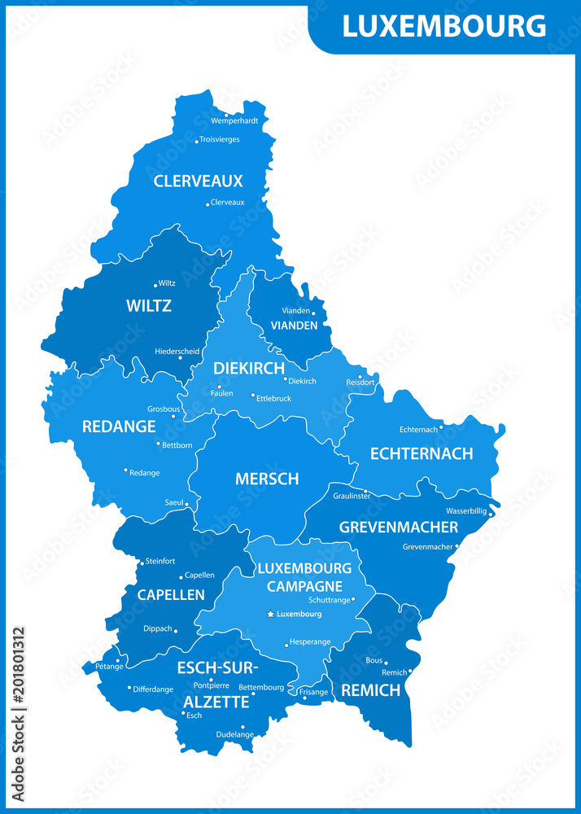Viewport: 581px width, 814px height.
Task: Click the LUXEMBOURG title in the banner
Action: coord(443,26)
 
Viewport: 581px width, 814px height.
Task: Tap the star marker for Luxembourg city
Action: coord(270,615)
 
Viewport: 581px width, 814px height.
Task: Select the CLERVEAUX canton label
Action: coord(199,181)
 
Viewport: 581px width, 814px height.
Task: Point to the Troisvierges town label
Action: coord(220,139)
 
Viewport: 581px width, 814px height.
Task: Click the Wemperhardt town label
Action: coord(234,120)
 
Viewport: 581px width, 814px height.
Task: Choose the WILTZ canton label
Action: coord(149,306)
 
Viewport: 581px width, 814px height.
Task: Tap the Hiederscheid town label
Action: coord(177,352)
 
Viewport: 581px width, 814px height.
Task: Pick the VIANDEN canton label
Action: coord(295,325)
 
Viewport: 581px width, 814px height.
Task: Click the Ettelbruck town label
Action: coord(273,399)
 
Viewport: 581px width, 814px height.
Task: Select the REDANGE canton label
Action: coord(119,427)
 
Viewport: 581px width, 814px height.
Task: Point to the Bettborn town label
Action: coord(177,445)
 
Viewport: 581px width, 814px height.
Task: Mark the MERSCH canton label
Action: coord(267,479)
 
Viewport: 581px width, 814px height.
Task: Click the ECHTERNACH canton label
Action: coord(422,453)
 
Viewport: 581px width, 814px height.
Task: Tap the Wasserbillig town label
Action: coord(466,510)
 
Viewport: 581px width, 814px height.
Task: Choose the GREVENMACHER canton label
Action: coord(399,527)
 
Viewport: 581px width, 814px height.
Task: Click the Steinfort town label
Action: coord(160,562)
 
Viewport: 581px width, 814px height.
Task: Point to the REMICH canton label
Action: coord(371,690)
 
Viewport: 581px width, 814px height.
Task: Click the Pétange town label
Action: coord(109,667)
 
